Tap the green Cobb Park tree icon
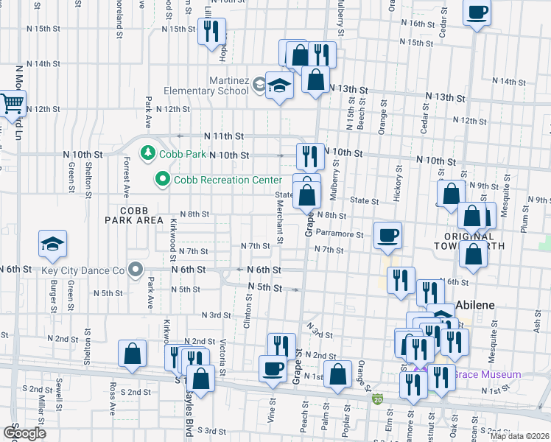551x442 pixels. click(x=149, y=152)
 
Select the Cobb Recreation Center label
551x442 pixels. click(x=227, y=180)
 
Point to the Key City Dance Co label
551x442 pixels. click(x=84, y=270)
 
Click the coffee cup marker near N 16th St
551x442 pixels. click(x=477, y=13)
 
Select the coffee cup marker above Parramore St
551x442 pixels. click(x=388, y=235)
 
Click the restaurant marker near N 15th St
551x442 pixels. click(x=212, y=31)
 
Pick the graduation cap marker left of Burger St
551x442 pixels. click(x=53, y=244)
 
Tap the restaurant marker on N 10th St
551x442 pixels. click(x=310, y=155)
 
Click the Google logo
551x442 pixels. click(x=24, y=433)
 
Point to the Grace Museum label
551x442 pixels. click(x=486, y=374)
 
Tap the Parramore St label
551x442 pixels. click(x=340, y=235)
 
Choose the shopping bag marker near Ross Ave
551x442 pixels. click(x=132, y=354)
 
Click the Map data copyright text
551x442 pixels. click(x=520, y=436)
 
